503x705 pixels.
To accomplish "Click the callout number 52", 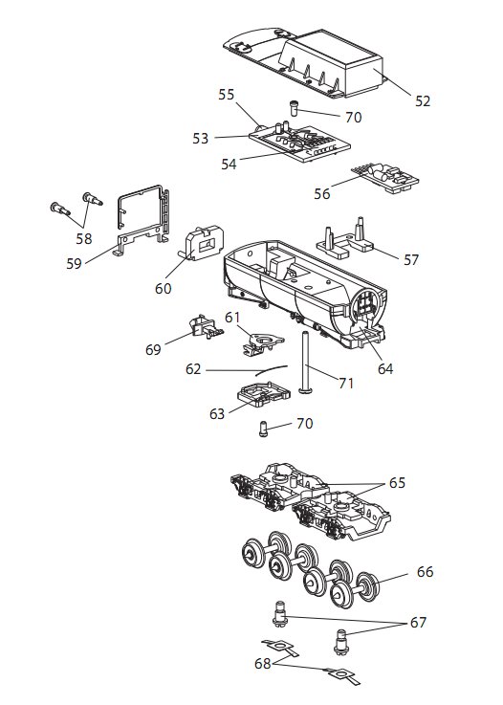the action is pos(423,101).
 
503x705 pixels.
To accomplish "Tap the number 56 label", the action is pos(322,194).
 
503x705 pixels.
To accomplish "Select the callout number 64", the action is pos(385,369).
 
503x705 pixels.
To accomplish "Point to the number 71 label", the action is pos(346,384).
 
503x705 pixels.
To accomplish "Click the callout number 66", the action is pos(425,572).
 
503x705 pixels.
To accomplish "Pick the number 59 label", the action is pos(75,263).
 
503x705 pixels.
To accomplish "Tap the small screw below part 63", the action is pos(263,429).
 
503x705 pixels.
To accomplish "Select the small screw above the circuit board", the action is pos(294,108).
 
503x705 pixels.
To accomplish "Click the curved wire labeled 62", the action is pos(271,369).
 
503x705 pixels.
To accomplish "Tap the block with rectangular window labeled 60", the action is pos(203,243).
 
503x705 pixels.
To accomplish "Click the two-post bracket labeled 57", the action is pos(345,239).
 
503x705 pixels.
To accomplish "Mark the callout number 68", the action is pos(263,663).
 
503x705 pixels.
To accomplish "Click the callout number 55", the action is pos(227,95).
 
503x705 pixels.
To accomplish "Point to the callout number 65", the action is pos(398,483).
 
